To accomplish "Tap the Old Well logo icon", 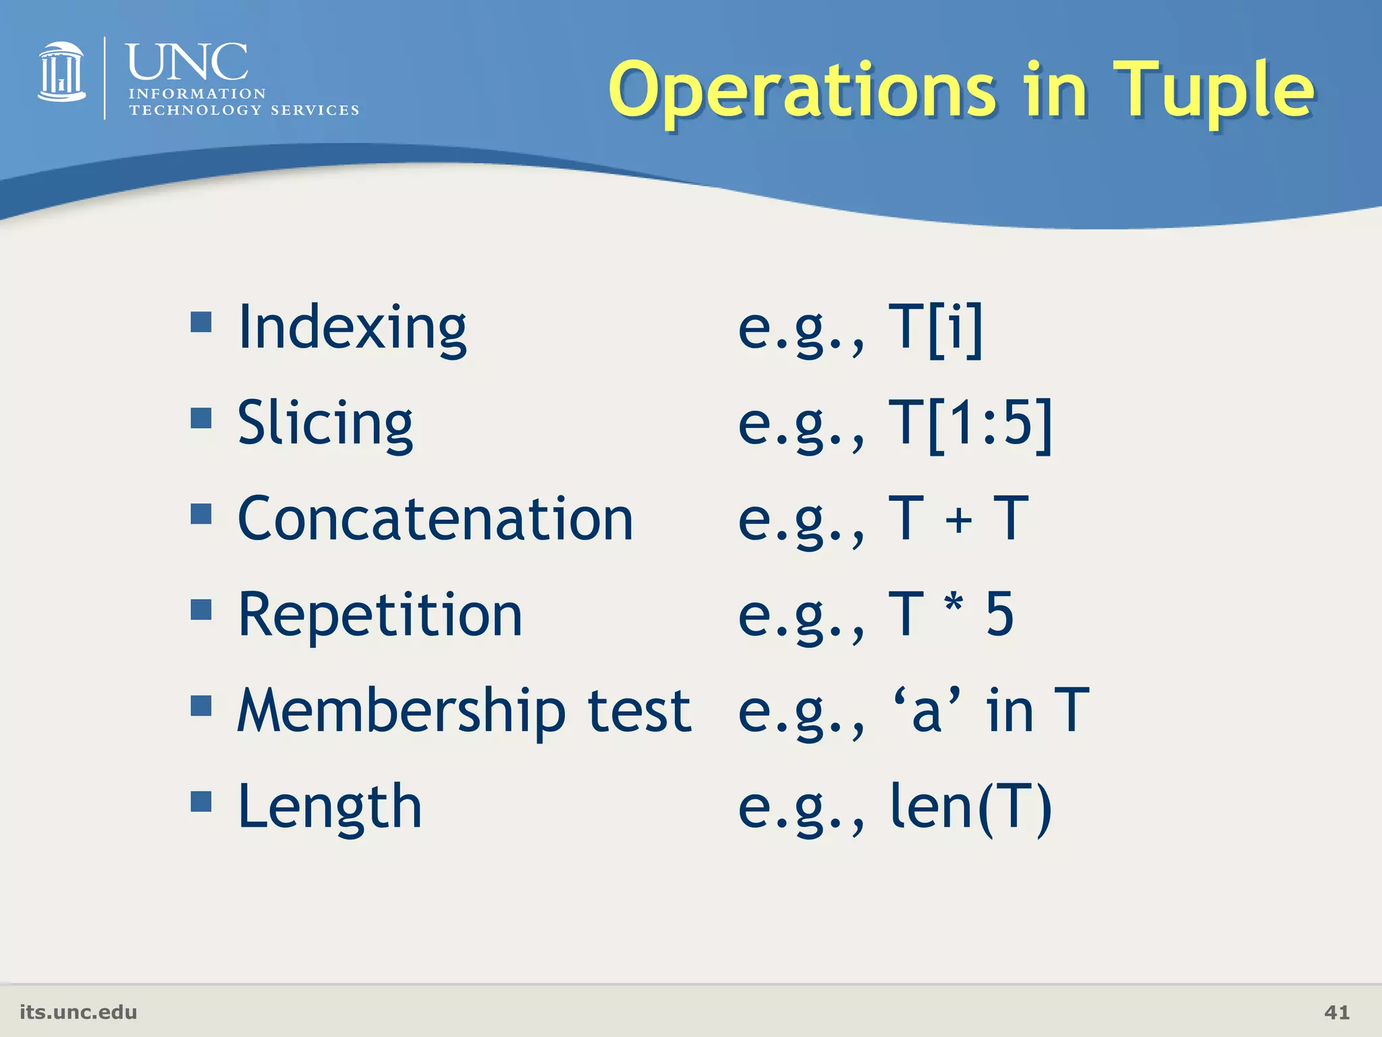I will [61, 72].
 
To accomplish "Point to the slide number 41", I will [1337, 1012].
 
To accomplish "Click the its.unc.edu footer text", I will [78, 1012].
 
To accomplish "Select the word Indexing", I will [352, 329].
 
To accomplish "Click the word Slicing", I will [325, 425].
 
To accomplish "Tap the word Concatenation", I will [435, 519].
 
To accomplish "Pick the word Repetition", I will [380, 616].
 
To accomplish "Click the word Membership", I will [402, 712].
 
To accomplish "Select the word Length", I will [330, 807].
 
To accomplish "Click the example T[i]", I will [935, 329].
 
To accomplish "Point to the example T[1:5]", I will [970, 425].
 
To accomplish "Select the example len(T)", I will [970, 807].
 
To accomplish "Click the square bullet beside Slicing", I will [201, 418].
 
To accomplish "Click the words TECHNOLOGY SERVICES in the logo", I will [244, 110].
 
